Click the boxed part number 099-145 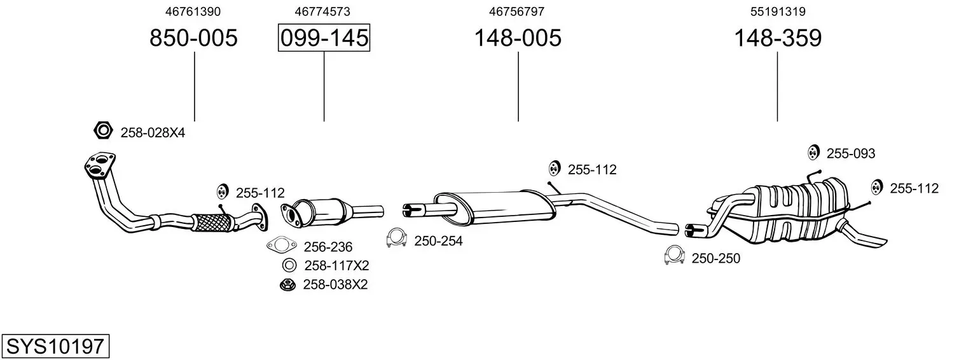[x=324, y=38]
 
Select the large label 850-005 [x=194, y=38]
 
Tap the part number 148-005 [x=518, y=38]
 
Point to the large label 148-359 [x=778, y=38]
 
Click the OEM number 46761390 [x=193, y=11]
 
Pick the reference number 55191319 [x=778, y=11]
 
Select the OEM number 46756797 [x=516, y=11]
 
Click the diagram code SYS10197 [x=55, y=347]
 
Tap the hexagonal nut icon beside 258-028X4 [x=104, y=130]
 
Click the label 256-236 [x=328, y=247]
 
